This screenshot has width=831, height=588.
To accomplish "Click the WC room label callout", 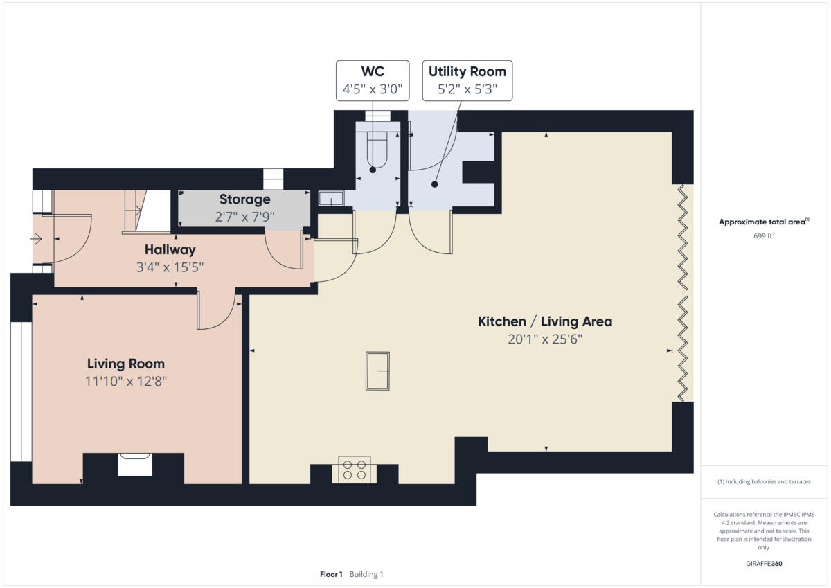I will coord(372,72).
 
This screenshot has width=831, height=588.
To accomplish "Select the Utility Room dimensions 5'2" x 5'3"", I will coord(467,89).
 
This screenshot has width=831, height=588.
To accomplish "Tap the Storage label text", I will coord(244,199).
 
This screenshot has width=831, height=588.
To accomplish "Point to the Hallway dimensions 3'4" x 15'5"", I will coord(170,267).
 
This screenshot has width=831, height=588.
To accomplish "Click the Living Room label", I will coord(125,364).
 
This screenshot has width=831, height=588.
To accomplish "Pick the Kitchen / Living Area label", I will coord(545,321).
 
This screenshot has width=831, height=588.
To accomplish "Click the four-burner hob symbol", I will coord(354,470).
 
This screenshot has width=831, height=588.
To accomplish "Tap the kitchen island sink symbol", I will coord(377,371).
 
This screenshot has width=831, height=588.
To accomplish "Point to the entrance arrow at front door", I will coord(37,240).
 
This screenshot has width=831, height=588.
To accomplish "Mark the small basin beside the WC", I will coord(331,199).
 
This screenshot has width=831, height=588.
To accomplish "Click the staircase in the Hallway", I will coord(146,211).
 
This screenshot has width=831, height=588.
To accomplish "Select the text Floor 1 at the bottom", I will coord(330,574).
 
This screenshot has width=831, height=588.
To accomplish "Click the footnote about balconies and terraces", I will coord(763,482).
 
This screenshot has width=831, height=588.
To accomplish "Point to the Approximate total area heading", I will coord(762,222).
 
